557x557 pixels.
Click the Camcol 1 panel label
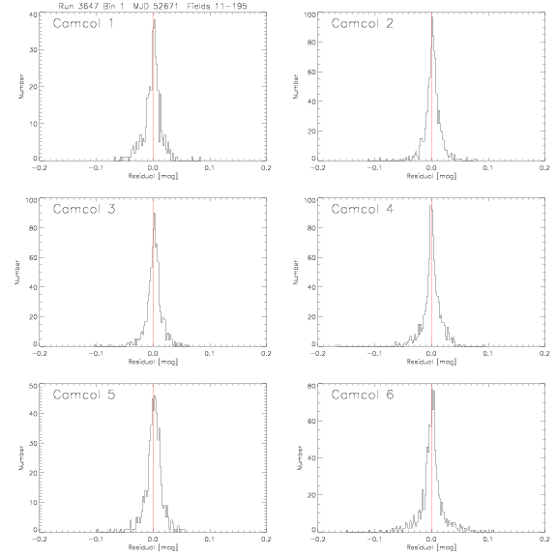(x=83, y=23)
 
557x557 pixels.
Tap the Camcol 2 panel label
(x=363, y=23)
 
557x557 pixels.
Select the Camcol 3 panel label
(x=84, y=209)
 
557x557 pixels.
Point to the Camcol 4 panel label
(x=363, y=209)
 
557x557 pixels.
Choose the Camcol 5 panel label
(x=84, y=395)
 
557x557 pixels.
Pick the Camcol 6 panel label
(x=363, y=395)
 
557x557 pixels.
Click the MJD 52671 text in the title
(x=156, y=6)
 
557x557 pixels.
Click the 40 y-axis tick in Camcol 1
(x=33, y=15)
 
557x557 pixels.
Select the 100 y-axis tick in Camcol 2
(x=309, y=15)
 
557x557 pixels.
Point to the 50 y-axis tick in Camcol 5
(x=33, y=386)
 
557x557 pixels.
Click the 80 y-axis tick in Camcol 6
(x=311, y=386)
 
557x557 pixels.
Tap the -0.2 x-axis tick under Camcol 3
(x=40, y=354)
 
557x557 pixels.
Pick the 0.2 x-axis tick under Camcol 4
(x=545, y=354)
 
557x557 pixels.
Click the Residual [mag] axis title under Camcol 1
(x=153, y=176)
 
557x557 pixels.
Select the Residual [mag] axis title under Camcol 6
(x=431, y=547)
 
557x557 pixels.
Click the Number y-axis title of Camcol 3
(x=16, y=272)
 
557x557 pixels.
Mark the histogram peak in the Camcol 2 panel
(x=432, y=17)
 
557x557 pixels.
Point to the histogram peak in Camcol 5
(x=154, y=397)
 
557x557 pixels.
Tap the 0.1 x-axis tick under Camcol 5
(x=210, y=540)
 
